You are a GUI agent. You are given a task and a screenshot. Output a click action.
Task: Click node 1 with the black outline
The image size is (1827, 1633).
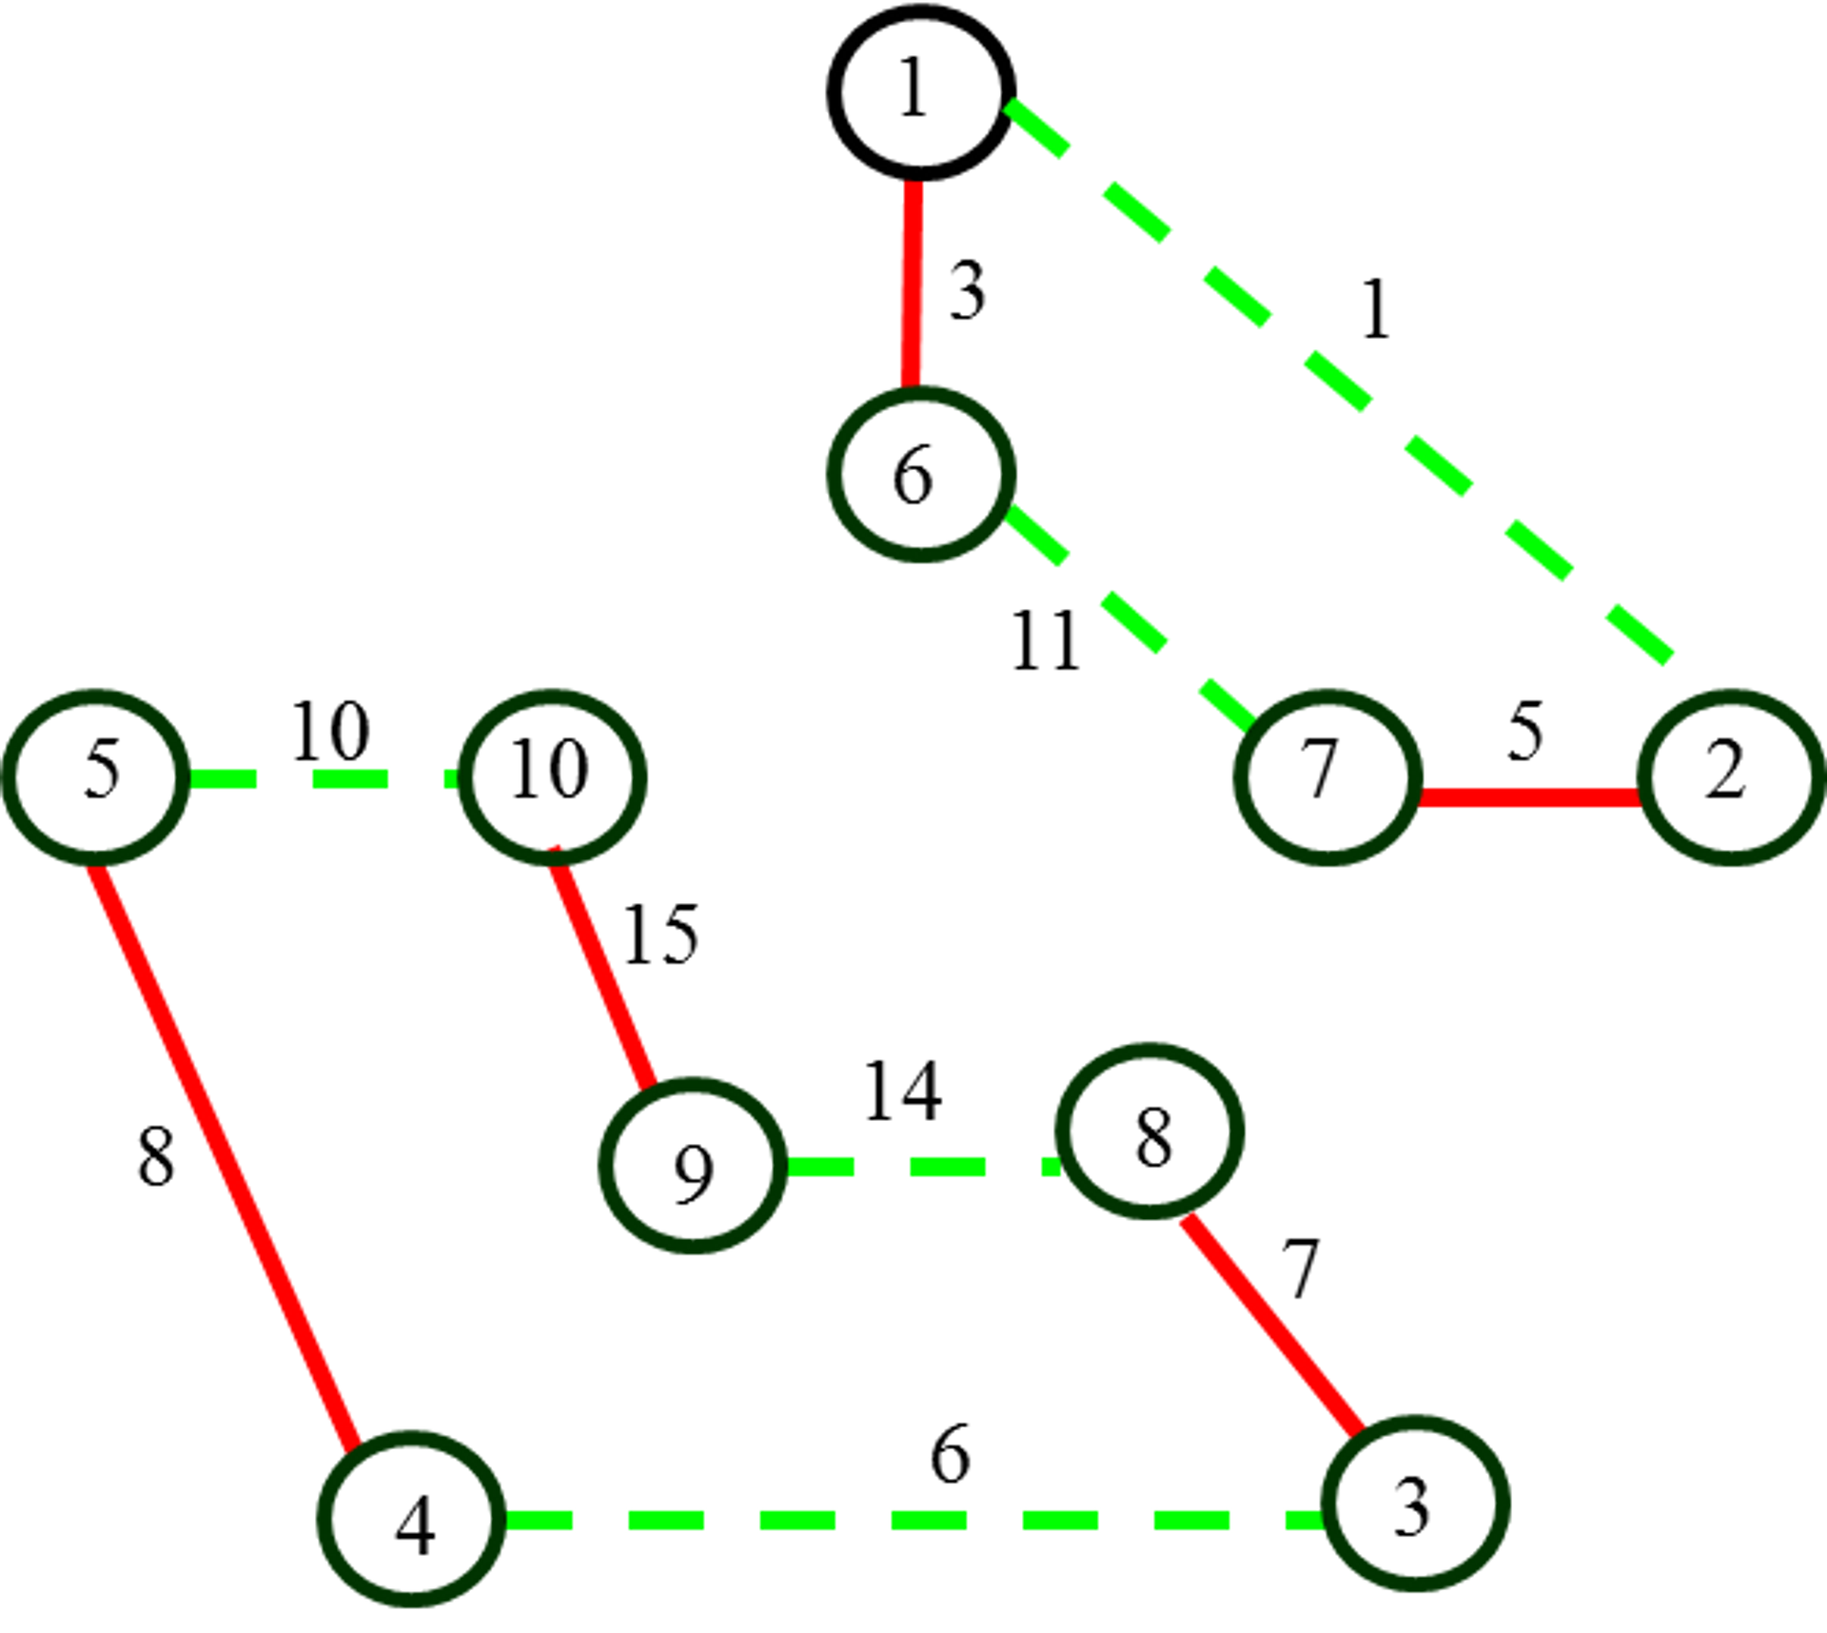click(919, 92)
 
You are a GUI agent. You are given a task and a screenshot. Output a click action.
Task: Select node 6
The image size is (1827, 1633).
click(919, 474)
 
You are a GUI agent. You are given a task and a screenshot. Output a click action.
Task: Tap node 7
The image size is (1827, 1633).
click(1328, 777)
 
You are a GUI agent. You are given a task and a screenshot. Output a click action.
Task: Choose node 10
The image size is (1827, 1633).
click(553, 777)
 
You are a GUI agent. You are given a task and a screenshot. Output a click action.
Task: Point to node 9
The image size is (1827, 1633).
click(693, 1166)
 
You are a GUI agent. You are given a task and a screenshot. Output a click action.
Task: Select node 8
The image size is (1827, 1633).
click(1150, 1131)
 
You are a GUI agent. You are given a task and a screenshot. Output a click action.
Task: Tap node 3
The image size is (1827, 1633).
click(1416, 1504)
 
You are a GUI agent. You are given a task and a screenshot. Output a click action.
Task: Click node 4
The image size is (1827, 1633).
click(412, 1519)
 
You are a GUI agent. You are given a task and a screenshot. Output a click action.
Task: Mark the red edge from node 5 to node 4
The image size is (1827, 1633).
click(225, 1155)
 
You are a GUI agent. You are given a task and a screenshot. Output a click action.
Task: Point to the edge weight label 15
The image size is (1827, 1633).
click(660, 935)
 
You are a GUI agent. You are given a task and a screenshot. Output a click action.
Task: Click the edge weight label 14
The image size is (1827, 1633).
click(903, 1091)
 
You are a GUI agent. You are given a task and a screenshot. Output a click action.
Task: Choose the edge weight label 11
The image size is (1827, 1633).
click(1046, 640)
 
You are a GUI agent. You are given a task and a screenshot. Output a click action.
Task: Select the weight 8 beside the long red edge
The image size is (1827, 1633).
click(156, 1156)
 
